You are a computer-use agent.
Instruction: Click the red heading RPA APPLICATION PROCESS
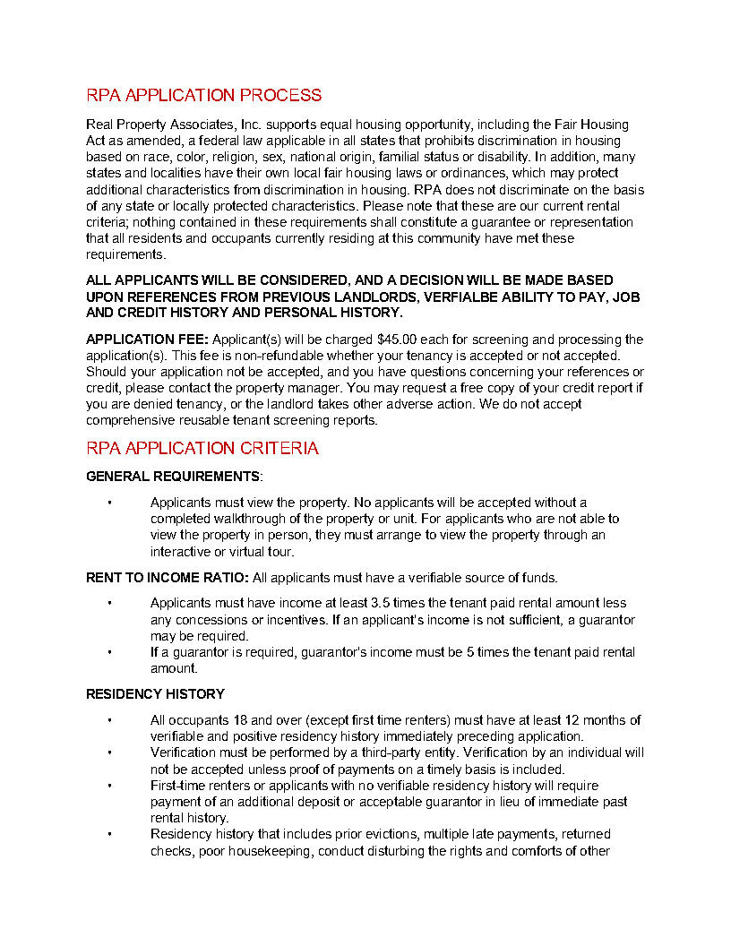pyautogui.click(x=203, y=96)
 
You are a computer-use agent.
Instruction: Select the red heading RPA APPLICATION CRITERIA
pyautogui.click(x=202, y=449)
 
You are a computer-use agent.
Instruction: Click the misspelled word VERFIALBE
pyautogui.click(x=461, y=297)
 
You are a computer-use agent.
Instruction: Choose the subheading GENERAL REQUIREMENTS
pyautogui.click(x=172, y=477)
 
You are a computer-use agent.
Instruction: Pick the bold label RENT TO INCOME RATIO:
pyautogui.click(x=168, y=578)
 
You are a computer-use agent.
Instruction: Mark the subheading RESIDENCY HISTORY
pyautogui.click(x=155, y=694)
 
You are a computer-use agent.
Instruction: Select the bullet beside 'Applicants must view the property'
pyautogui.click(x=109, y=503)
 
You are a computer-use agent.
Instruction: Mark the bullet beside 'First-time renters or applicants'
pyautogui.click(x=109, y=786)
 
